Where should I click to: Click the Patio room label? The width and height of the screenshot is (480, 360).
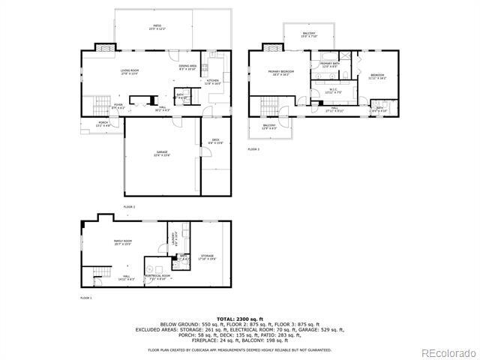pyautogui.click(x=155, y=27)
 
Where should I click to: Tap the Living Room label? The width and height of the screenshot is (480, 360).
pyautogui.click(x=130, y=72)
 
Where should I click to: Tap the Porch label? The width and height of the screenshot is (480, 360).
pyautogui.click(x=103, y=124)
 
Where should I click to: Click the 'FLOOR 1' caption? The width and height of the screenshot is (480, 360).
pyautogui.click(x=85, y=298)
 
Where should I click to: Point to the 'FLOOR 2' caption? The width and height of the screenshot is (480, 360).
pyautogui.click(x=129, y=205)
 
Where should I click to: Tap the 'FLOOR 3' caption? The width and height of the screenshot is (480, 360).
pyautogui.click(x=253, y=149)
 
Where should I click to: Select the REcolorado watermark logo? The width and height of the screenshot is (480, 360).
pyautogui.click(x=447, y=352)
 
